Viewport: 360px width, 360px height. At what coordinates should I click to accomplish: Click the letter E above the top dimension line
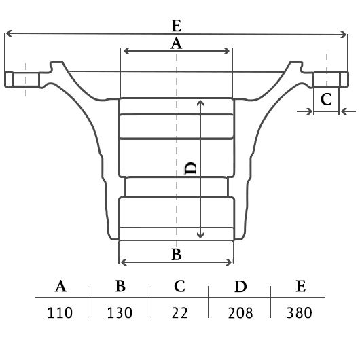177,26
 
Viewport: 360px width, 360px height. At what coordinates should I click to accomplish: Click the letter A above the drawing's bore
176,43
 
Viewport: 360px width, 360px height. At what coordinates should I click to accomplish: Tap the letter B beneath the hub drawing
177,254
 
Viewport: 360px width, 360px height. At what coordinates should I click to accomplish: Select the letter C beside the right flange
326,99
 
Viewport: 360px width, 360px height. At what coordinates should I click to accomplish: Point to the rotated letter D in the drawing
191,168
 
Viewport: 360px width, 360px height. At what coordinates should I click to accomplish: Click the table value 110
60,312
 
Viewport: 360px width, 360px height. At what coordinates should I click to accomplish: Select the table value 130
120,312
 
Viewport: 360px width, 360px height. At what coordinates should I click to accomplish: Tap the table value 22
179,312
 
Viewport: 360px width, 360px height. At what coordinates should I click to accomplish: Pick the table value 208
240,312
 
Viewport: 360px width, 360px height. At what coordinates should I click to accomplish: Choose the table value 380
300,312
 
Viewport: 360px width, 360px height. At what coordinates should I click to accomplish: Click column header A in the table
60,286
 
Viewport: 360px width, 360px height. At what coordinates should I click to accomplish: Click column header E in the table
301,286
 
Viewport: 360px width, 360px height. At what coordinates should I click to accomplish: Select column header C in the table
179,286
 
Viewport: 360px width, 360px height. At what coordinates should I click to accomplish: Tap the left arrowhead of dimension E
8,33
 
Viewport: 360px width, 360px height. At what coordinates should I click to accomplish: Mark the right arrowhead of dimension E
344,35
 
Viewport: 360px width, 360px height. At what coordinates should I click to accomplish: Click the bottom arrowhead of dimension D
200,236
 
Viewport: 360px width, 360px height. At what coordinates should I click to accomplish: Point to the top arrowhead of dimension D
200,103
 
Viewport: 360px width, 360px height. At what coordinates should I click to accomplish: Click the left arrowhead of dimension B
124,262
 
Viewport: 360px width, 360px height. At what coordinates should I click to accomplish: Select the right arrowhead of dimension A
227,51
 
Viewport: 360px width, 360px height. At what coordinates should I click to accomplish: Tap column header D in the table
240,286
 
